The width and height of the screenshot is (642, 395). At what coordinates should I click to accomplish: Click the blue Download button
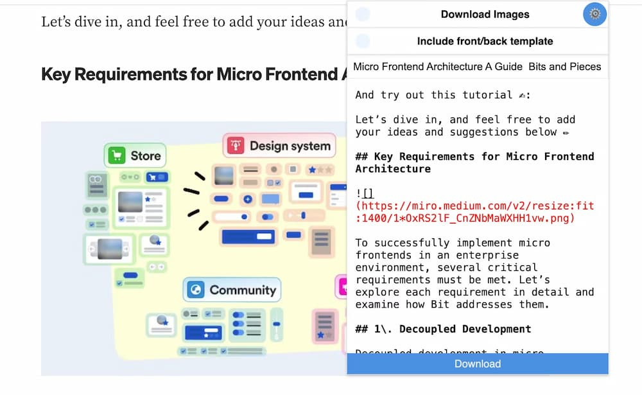(x=477, y=364)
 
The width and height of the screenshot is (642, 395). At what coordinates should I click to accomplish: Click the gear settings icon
(x=594, y=14)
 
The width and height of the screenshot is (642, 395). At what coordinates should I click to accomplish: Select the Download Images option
(x=485, y=14)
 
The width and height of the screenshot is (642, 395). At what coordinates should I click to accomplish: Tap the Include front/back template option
(x=485, y=41)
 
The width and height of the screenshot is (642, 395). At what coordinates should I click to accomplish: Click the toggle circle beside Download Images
(x=363, y=14)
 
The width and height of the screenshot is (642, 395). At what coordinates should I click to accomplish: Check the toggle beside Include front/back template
(x=363, y=41)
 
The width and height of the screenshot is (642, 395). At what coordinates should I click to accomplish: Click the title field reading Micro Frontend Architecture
(x=477, y=66)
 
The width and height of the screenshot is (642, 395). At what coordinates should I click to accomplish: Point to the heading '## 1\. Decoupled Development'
(x=443, y=329)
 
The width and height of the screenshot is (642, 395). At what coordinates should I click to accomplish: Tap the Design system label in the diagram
(x=290, y=146)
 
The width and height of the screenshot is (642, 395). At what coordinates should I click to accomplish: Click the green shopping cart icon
(x=117, y=155)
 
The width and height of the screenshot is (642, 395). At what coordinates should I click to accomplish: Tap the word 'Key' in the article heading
(x=55, y=74)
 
